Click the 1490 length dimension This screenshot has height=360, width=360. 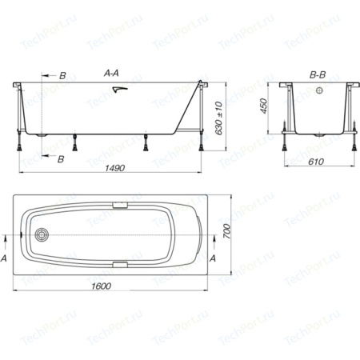point(114,168)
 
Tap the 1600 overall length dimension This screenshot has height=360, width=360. point(102,286)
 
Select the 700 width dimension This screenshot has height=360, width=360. point(226,231)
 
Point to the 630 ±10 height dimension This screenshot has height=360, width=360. point(218,118)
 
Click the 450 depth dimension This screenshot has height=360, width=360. point(263,106)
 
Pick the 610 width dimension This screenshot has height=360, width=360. point(316,162)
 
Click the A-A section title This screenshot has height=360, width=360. point(111,73)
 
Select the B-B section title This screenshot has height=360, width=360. point(318,75)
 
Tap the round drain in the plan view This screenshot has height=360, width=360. point(42,235)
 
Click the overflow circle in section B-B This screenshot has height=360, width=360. point(319,90)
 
